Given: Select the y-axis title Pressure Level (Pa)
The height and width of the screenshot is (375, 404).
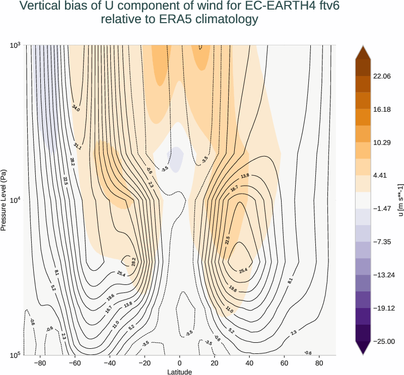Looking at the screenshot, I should [4, 200].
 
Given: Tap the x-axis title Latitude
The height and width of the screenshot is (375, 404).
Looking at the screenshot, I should [180, 371].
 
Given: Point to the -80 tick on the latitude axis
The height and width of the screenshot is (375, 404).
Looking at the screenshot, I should [39, 362].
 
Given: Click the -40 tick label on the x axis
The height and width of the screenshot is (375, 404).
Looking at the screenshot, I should [110, 362].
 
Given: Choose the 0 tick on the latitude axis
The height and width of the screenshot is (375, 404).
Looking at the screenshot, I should [180, 362].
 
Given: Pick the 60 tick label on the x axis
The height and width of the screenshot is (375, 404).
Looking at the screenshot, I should [285, 362].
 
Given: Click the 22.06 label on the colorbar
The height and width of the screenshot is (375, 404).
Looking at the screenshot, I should [382, 76].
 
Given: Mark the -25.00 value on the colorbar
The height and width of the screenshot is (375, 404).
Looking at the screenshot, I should [382, 341].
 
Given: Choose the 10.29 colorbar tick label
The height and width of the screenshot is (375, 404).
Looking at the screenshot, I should [382, 142].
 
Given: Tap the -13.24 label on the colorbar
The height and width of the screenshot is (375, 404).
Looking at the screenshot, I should [382, 275].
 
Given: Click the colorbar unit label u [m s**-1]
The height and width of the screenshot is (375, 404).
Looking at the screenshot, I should [400, 200].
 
